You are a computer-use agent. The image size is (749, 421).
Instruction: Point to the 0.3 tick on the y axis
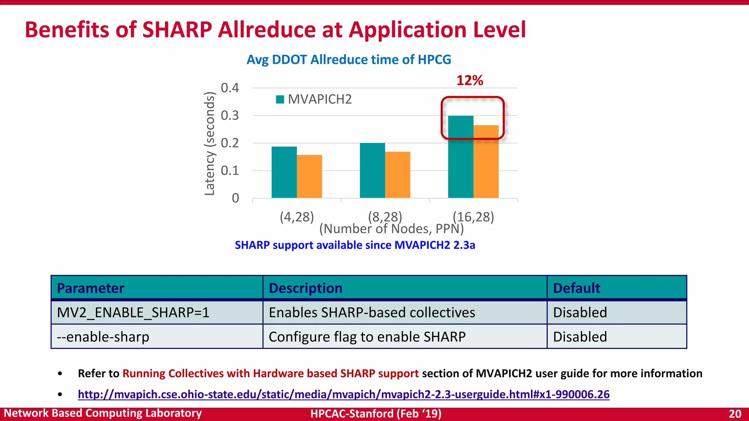coord(230,116)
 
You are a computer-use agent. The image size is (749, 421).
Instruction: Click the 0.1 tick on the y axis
coord(230,171)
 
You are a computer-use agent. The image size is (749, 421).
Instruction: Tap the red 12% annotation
coord(470,80)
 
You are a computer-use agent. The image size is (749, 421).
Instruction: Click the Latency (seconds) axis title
coord(210,144)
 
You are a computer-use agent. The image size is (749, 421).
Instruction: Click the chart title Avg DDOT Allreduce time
coord(349,60)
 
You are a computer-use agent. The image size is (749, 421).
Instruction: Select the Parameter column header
coord(91,288)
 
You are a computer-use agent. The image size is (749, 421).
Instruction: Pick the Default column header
coord(576,288)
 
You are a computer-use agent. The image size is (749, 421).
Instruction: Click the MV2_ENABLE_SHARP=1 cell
coord(133,312)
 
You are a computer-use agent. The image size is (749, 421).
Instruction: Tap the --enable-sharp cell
coord(103,337)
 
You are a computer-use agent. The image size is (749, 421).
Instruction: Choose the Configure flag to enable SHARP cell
coord(367,337)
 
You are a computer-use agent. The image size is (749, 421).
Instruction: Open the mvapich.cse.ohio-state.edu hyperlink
coord(343,394)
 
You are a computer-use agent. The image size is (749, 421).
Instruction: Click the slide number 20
coord(735,414)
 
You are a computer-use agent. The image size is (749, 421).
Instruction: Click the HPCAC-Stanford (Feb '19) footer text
coord(376,414)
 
